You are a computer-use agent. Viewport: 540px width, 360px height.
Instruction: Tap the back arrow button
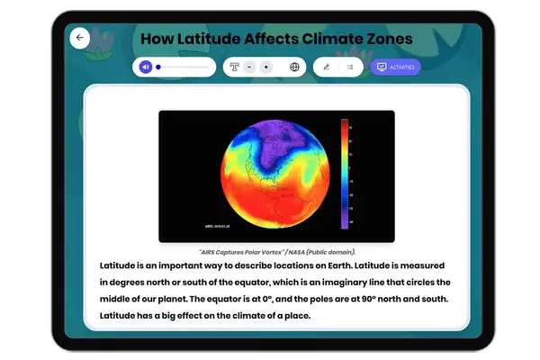tap(79, 38)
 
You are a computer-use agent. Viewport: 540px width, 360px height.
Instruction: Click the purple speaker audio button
tap(145, 67)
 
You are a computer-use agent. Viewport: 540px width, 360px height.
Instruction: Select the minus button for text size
tap(248, 67)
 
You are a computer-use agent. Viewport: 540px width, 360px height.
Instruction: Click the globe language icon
tap(294, 67)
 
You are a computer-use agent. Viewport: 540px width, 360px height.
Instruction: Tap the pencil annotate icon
tap(326, 67)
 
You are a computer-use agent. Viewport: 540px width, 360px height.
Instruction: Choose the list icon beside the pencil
tap(349, 67)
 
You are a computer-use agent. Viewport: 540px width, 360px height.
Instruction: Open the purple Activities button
tap(395, 67)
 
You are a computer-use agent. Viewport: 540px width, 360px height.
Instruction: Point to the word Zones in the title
tap(385, 39)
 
